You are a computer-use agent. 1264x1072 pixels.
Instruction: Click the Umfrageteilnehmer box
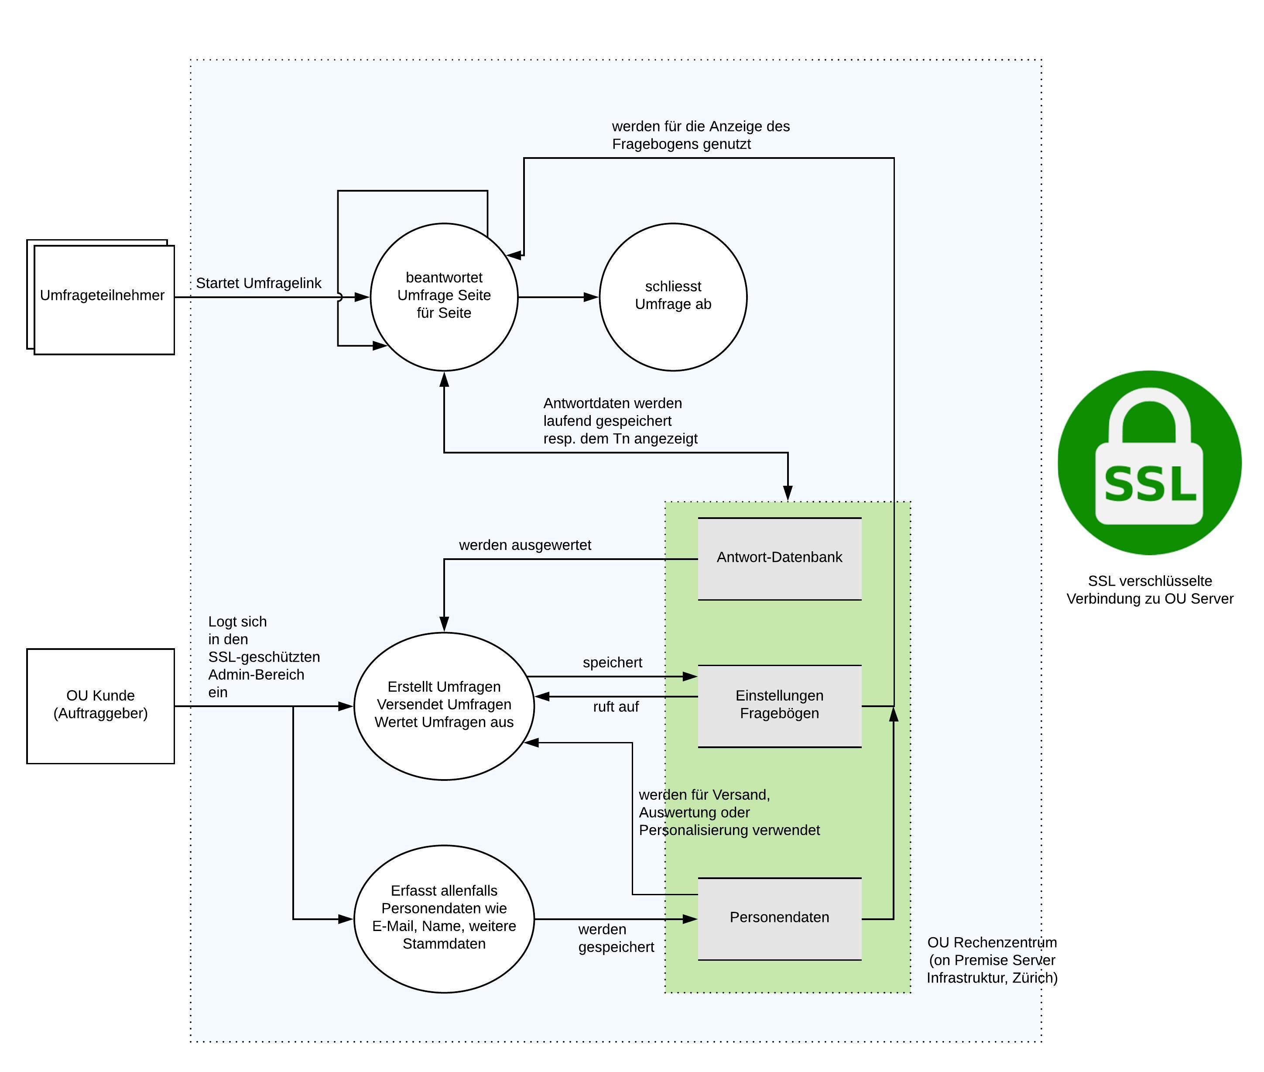[103, 299]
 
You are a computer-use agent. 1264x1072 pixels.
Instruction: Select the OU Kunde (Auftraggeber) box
[100, 705]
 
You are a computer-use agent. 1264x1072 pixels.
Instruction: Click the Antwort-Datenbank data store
[779, 558]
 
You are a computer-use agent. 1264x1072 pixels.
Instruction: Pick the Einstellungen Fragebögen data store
[779, 705]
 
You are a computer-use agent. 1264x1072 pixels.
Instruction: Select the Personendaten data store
[779, 917]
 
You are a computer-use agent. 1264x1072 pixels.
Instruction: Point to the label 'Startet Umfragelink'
[258, 283]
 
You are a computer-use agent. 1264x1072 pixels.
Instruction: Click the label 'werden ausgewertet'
[525, 545]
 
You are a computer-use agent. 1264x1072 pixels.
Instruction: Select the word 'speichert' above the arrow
[612, 663]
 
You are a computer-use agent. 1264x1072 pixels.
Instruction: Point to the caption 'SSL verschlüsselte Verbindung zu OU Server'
[1149, 590]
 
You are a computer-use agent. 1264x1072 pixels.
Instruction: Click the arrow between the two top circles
[558, 297]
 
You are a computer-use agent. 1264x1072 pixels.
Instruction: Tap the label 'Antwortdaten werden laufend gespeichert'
[620, 420]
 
